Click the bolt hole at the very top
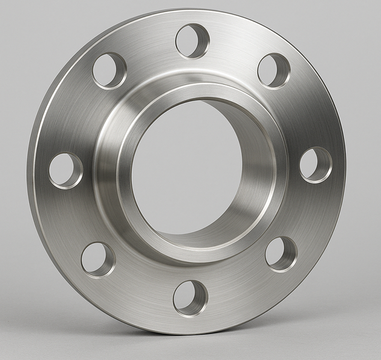[x=193, y=41]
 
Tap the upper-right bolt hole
[x=273, y=70]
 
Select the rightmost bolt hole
[x=316, y=165]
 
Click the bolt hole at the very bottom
[x=190, y=298]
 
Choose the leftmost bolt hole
[x=65, y=170]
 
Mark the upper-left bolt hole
[x=109, y=70]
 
